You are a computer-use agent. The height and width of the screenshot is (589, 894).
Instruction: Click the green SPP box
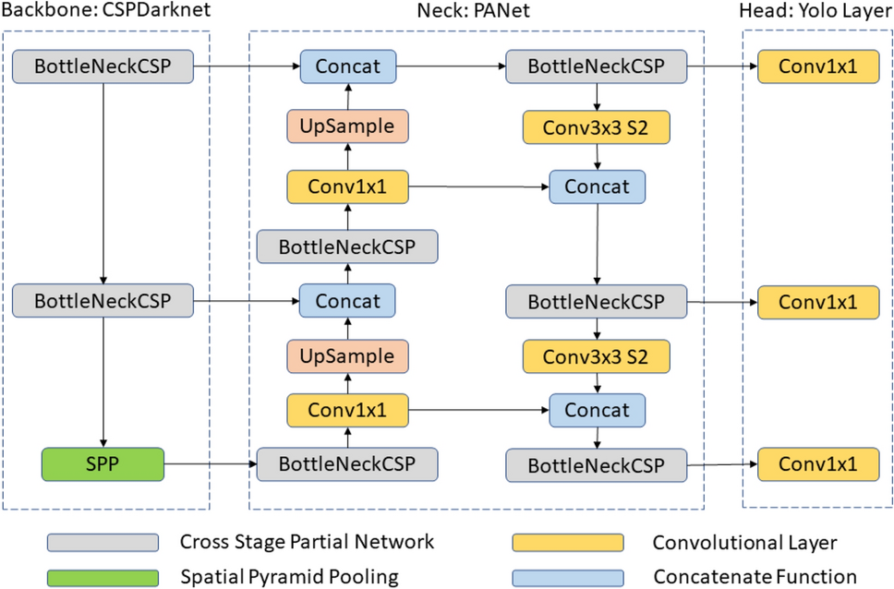click(103, 463)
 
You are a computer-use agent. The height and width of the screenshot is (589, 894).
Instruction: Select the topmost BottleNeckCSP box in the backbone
click(103, 66)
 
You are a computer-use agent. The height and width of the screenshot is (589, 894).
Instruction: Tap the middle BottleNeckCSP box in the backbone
click(103, 300)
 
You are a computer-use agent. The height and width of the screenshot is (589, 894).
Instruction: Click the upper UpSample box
click(347, 125)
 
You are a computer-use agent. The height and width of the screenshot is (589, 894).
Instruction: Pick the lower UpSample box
click(347, 355)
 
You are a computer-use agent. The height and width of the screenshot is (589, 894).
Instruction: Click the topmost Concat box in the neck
click(347, 66)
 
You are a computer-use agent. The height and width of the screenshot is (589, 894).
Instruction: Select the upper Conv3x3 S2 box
click(596, 126)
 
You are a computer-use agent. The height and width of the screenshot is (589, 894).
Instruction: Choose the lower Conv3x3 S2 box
click(596, 355)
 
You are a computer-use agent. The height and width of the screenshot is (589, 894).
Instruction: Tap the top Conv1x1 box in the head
click(816, 66)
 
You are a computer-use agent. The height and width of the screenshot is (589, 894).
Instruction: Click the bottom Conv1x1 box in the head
click(816, 463)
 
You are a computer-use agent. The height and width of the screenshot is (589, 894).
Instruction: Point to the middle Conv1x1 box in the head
click(816, 301)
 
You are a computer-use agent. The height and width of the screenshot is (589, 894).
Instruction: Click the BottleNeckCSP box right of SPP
click(347, 463)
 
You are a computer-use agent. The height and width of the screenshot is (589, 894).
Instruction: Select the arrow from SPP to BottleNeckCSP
click(210, 463)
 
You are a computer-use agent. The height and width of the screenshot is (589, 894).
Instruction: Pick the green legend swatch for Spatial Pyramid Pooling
click(102, 577)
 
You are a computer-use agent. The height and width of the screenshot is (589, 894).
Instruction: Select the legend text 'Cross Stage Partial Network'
click(307, 542)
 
